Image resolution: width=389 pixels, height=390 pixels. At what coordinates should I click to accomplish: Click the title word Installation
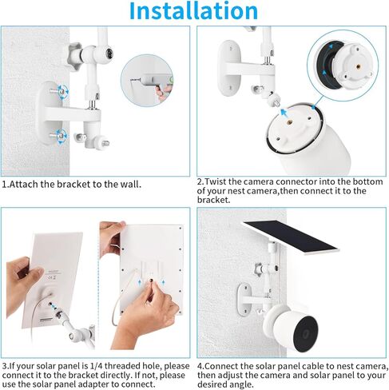tap(194, 11)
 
